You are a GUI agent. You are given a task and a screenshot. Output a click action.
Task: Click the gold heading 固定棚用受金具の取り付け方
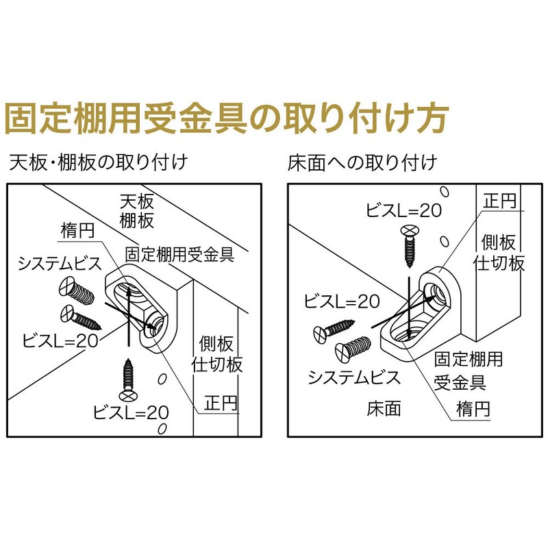226,118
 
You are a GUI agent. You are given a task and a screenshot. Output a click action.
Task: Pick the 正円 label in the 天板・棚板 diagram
221,403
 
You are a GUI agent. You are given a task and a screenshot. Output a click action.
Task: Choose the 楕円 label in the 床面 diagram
473,410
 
